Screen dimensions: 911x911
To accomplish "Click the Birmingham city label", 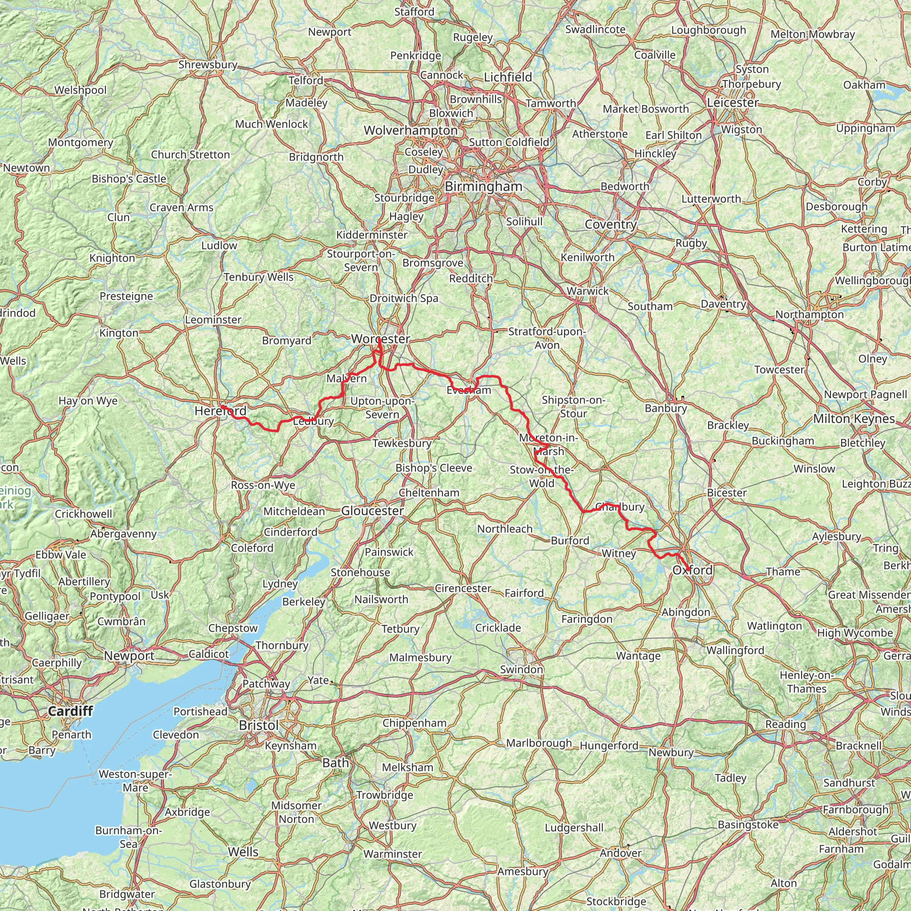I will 484,187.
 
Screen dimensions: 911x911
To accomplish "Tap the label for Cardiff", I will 70,711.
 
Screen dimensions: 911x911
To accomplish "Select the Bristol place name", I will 259,725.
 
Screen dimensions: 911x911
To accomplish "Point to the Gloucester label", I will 372,511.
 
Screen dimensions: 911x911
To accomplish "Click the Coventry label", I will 611,225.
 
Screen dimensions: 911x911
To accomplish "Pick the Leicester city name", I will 733,103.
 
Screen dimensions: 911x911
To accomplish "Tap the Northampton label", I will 810,314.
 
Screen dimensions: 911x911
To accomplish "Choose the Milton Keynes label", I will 854,419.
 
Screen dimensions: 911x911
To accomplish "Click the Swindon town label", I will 521,669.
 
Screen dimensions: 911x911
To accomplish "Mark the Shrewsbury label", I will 207,64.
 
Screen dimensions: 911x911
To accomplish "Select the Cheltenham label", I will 429,493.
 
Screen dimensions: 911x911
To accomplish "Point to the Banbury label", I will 666,408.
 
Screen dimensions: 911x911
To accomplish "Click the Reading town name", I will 786,724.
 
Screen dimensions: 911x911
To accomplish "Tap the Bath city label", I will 336,763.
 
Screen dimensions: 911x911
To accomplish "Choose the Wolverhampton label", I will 411,131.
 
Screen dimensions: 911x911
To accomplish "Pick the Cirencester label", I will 463,589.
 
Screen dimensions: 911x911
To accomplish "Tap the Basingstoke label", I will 748,825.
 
